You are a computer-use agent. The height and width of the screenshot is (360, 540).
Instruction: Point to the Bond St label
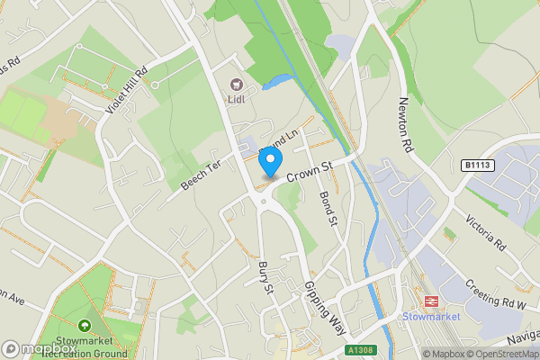click(327, 207)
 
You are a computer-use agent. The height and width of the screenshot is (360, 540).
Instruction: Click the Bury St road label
click(264, 274)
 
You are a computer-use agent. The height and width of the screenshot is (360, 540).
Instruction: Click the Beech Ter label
click(202, 173)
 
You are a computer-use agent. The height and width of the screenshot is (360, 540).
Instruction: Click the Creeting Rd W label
click(494, 297)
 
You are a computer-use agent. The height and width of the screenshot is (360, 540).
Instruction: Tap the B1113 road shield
click(480, 166)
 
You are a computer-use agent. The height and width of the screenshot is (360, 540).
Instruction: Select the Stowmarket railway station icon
click(431, 301)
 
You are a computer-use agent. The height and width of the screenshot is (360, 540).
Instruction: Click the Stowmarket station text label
click(431, 317)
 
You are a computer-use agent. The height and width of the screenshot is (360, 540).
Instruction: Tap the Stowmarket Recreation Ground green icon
click(85, 325)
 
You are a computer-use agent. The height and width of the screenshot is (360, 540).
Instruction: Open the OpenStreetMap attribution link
click(492, 354)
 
